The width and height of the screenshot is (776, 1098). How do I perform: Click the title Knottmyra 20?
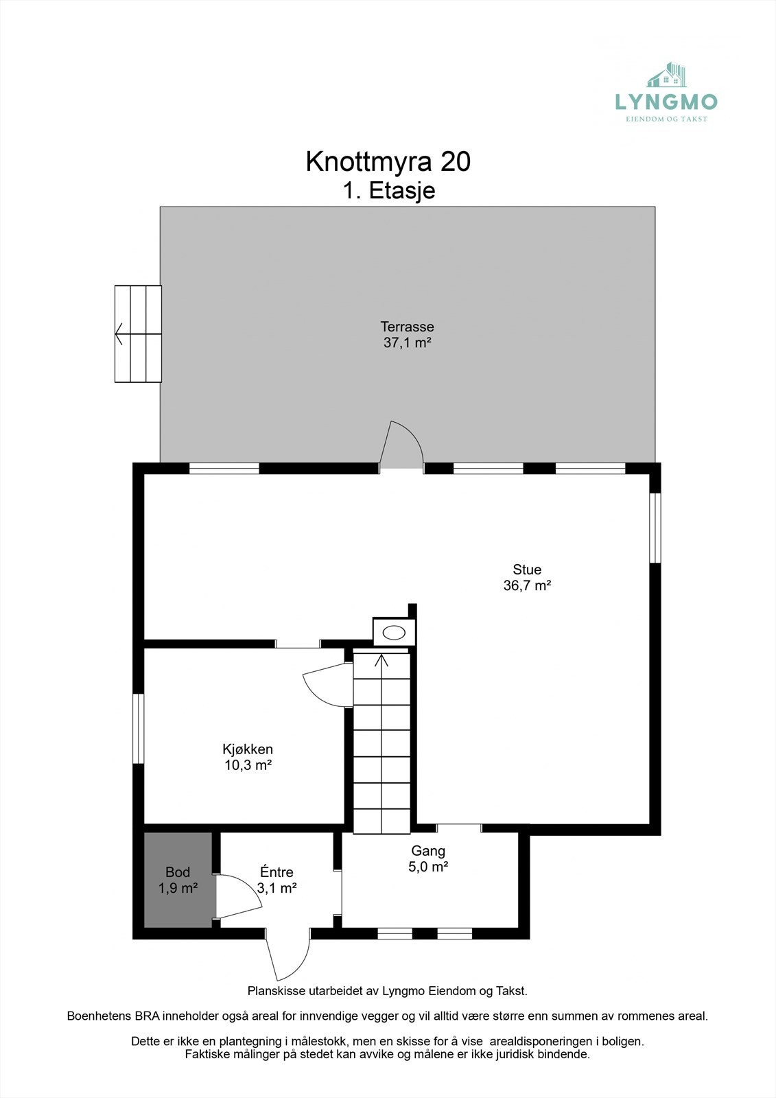tap(388, 162)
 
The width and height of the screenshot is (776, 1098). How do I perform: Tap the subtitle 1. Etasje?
tap(388, 190)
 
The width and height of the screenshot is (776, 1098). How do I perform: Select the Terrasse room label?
tap(407, 327)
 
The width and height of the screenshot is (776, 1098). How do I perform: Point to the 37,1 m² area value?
tap(407, 342)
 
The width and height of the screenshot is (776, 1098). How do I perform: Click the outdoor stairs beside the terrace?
tap(138, 334)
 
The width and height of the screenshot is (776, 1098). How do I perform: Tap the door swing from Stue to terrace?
tap(402, 445)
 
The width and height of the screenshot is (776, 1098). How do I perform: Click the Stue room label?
tap(527, 570)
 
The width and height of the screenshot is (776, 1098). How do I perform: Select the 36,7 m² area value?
tap(527, 586)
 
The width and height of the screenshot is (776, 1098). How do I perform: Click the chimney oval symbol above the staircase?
tap(394, 633)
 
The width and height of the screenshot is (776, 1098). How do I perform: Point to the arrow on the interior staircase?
tap(381, 660)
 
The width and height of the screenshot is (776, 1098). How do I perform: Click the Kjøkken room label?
tap(248, 749)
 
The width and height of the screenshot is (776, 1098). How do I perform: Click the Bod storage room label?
tap(178, 873)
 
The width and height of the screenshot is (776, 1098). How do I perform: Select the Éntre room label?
tap(277, 872)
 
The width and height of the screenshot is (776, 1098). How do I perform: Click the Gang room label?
tap(428, 851)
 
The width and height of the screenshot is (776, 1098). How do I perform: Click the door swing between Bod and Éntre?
tap(237, 896)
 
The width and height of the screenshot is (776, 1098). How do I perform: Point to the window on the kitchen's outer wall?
tap(139, 729)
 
